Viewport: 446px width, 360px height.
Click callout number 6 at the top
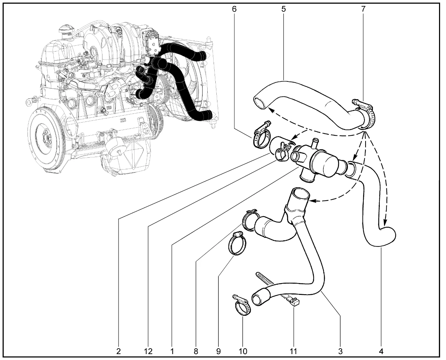click(234, 9)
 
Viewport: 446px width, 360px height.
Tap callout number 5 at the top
click(284, 9)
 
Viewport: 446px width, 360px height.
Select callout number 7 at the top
click(363, 9)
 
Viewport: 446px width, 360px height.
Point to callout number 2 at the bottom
click(118, 351)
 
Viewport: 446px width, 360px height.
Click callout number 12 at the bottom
click(148, 351)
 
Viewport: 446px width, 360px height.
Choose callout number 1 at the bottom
click(172, 351)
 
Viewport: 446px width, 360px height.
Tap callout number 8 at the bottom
click(196, 351)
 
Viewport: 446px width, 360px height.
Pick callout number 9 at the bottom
click(218, 351)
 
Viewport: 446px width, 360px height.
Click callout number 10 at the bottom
click(243, 351)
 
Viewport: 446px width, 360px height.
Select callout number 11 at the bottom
click(294, 351)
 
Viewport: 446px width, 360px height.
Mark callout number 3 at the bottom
click(340, 351)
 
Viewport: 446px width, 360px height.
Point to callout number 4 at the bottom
click(381, 351)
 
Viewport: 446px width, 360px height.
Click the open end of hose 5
click(260, 103)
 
